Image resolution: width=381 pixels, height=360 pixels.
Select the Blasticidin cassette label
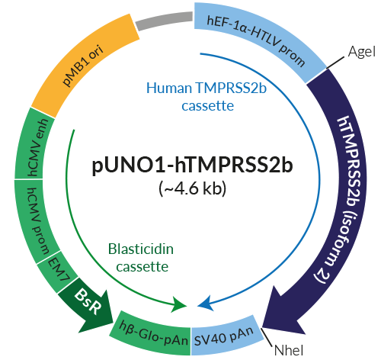(137, 258)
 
